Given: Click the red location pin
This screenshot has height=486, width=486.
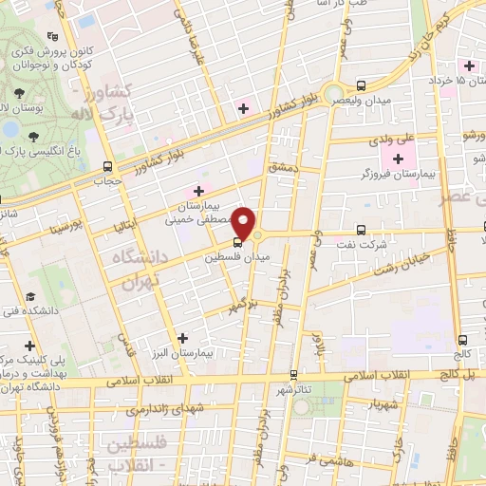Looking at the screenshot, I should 245,223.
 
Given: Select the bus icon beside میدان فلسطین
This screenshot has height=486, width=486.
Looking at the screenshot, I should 211,255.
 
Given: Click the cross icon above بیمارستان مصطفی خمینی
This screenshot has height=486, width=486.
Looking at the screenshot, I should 198,191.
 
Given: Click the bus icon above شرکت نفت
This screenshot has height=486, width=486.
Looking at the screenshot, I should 360,229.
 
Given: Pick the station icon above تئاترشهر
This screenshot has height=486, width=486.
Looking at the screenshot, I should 293,374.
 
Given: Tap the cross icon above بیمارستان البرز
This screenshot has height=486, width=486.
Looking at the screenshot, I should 183,337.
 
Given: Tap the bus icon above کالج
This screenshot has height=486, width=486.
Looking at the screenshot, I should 462,340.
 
